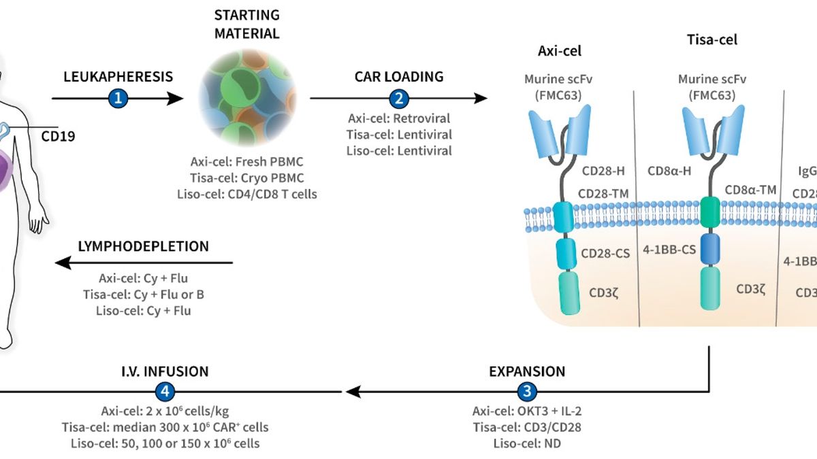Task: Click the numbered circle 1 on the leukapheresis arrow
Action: tap(118, 99)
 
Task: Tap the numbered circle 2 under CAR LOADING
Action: tap(398, 99)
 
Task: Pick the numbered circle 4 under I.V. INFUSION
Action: tap(165, 392)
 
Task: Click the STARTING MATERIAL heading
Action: tap(246, 24)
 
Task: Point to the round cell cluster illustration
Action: tap(246, 99)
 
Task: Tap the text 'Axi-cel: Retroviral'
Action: tap(398, 118)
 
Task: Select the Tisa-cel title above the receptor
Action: tap(711, 40)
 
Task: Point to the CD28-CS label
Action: tap(605, 253)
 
